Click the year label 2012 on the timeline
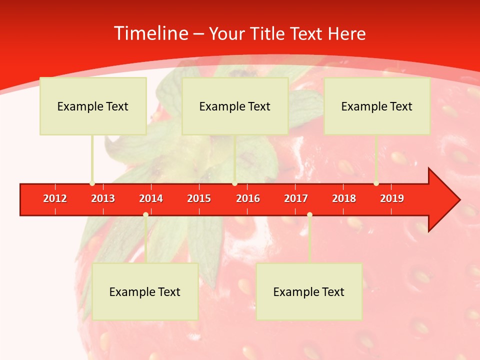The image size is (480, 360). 55,198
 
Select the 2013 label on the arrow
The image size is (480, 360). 103,198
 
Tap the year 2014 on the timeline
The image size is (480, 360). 151,198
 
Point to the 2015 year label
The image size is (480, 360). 199,198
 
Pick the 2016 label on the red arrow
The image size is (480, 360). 248,198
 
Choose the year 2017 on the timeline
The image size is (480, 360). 296,198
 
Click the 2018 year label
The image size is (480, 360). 344,198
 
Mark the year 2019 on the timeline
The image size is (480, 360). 392,198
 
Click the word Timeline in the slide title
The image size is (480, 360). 150,33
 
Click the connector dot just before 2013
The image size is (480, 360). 92,183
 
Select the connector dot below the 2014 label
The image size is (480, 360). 145,214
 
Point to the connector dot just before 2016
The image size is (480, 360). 234,183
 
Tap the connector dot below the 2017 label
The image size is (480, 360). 309,214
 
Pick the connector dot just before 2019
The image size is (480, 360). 376,183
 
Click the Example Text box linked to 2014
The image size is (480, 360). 145,291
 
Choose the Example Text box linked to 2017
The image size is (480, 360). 309,291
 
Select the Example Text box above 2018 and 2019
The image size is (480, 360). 377,106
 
